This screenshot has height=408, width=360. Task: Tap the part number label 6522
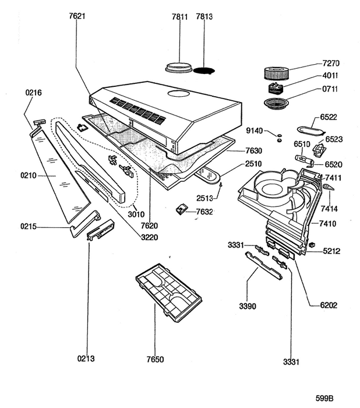click(330, 117)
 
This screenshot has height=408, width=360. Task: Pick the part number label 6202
click(329, 305)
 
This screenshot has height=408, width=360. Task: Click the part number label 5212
click(331, 251)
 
